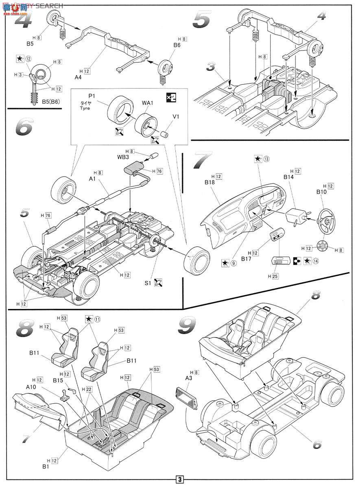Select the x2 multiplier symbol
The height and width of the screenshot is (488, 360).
172,97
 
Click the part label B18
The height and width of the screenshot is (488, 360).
210,183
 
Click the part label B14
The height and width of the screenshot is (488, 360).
288,178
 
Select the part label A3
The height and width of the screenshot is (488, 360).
188,378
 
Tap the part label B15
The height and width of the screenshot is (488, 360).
58,381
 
